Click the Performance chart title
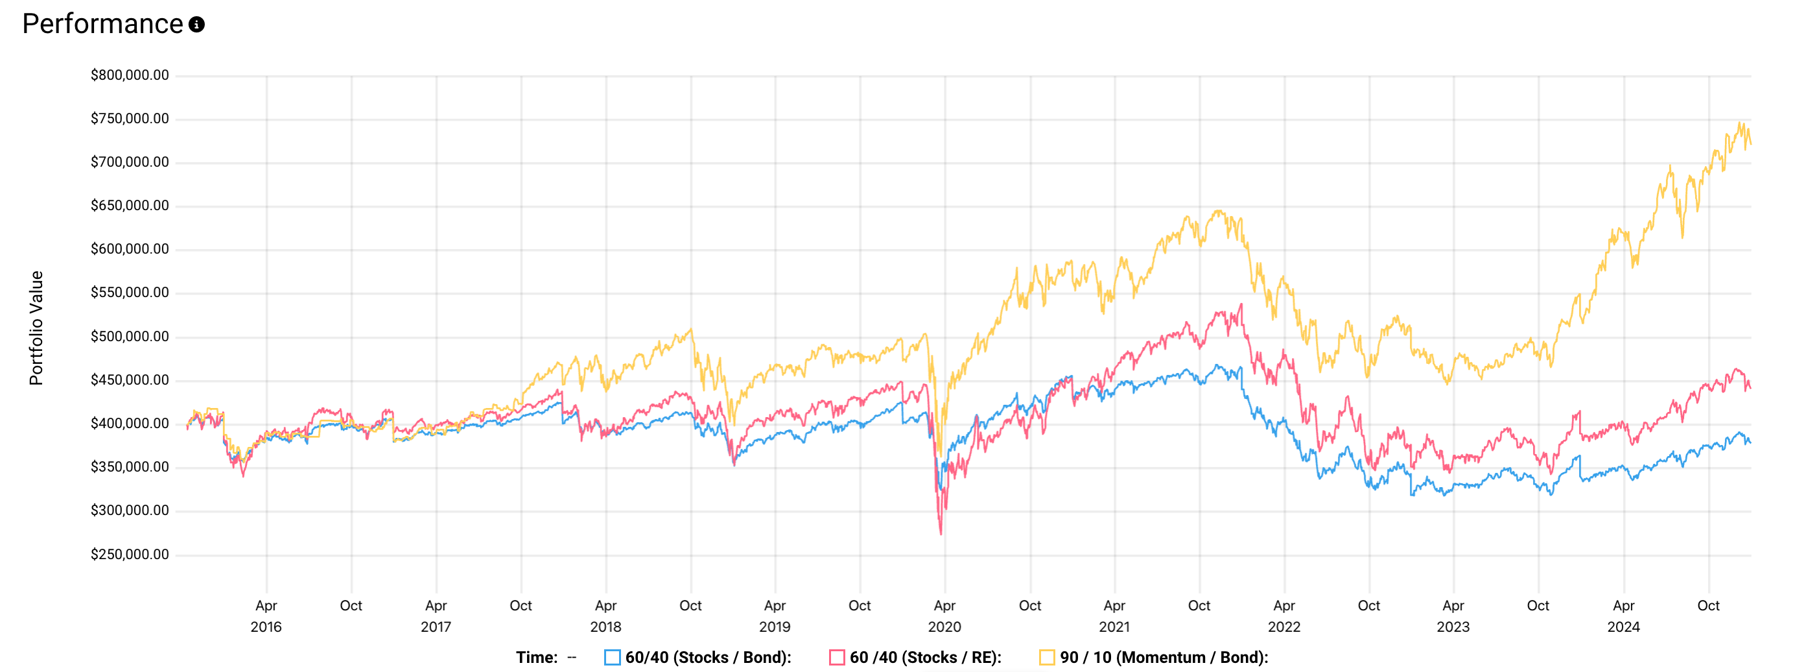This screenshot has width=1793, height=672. tap(102, 25)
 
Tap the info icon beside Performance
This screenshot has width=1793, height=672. tap(197, 25)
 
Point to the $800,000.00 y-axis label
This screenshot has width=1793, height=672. tap(130, 75)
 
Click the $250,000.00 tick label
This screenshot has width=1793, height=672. tap(130, 555)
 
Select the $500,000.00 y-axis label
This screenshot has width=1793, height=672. tap(130, 337)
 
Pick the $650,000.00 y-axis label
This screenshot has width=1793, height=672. tap(130, 206)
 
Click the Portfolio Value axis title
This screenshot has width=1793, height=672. tap(36, 328)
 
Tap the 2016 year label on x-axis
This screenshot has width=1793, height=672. tap(266, 627)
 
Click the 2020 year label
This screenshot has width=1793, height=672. tap(944, 627)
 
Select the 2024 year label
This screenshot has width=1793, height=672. tap(1623, 627)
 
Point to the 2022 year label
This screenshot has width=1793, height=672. tap(1284, 627)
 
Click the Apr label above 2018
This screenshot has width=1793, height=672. tap(605, 606)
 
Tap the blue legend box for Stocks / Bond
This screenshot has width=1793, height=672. tap(613, 657)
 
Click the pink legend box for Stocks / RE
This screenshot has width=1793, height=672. tap(837, 657)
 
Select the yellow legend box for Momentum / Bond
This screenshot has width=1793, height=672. tap(1047, 657)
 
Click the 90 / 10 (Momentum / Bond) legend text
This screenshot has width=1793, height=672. tap(1164, 657)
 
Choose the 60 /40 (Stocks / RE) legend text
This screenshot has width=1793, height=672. tap(925, 657)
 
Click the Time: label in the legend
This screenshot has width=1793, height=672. tap(537, 657)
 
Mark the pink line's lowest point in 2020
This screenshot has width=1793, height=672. tap(941, 533)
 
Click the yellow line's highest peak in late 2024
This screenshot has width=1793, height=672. tap(1740, 123)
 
